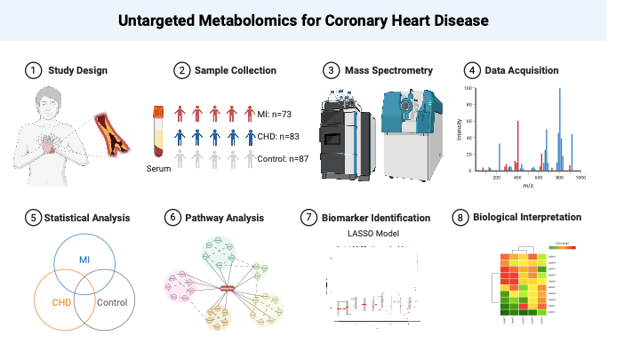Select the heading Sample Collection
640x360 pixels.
tap(236, 70)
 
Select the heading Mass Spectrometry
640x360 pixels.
tap(389, 70)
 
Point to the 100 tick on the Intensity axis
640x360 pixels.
tap(470, 89)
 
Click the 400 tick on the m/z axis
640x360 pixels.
tap(518, 178)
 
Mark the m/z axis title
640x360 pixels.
tap(528, 187)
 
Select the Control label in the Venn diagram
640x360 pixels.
tap(111, 302)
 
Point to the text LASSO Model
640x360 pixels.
tap(369, 234)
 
